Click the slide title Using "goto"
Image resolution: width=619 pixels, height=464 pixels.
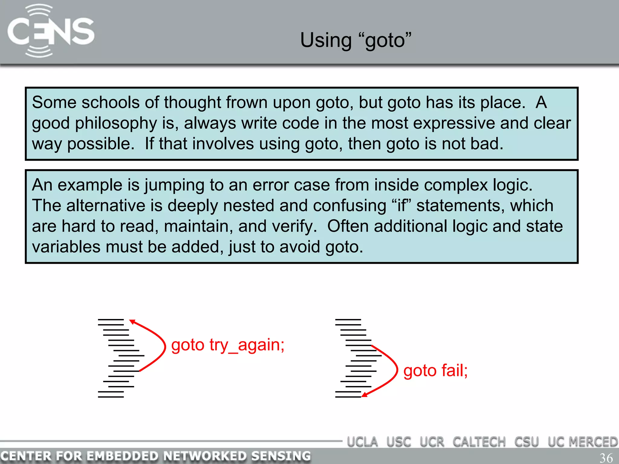[x=355, y=40]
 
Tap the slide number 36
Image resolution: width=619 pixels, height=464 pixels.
[x=606, y=457]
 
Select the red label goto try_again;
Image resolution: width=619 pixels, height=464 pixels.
[x=228, y=345]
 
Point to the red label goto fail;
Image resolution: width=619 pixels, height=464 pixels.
[x=435, y=370]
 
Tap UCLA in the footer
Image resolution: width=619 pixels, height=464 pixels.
[x=362, y=442]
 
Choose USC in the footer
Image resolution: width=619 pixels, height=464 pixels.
[x=399, y=442]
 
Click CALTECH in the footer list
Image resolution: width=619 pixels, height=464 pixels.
[x=479, y=442]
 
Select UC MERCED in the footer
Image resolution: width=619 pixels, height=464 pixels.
[x=582, y=442]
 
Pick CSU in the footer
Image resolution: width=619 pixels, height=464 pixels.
[x=527, y=442]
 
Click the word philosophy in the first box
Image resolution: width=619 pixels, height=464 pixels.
[x=116, y=124]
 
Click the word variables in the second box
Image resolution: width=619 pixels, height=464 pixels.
[x=66, y=247]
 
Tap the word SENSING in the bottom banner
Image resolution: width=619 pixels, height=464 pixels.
[x=280, y=456]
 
